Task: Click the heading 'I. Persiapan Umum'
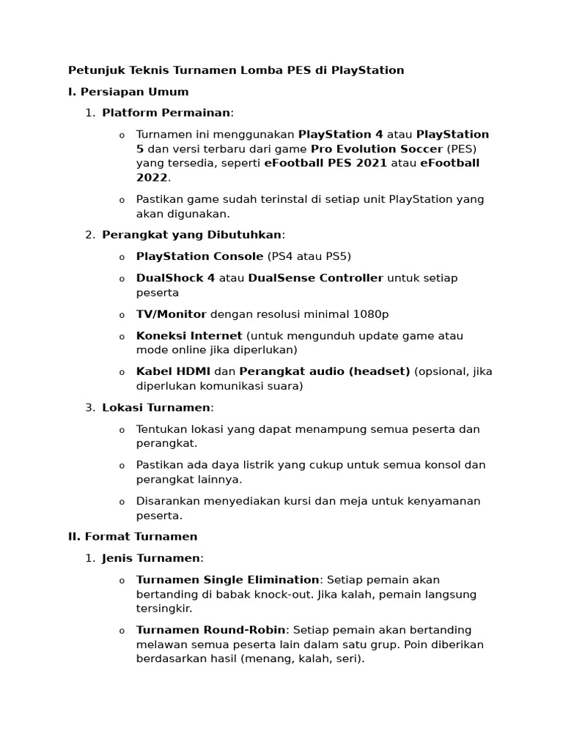128,92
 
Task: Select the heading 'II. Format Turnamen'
133,536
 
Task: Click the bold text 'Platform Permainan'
166,113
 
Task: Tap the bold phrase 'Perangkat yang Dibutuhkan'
191,234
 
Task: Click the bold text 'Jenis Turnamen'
150,558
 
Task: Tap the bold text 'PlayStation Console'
199,256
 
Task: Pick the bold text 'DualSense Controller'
315,278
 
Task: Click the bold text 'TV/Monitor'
171,314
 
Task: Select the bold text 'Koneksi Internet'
189,335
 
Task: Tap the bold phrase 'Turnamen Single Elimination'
227,579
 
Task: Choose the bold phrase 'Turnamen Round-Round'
211,630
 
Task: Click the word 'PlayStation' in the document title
367,70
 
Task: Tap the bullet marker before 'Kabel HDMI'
122,372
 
